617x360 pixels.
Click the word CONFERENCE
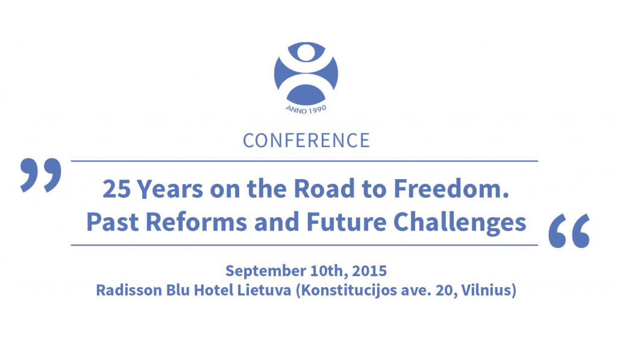coord(306,141)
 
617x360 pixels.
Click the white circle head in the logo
coord(306,52)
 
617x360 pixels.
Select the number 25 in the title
coord(116,189)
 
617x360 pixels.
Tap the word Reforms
coord(196,222)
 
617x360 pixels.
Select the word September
coord(266,271)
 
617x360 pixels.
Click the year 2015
coord(369,271)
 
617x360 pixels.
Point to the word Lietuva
coord(264,290)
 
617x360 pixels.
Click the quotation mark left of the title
coord(41,175)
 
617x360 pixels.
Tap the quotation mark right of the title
coord(569,231)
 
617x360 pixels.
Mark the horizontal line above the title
coord(304,161)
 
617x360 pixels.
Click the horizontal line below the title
coord(304,245)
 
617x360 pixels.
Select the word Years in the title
coord(170,189)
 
